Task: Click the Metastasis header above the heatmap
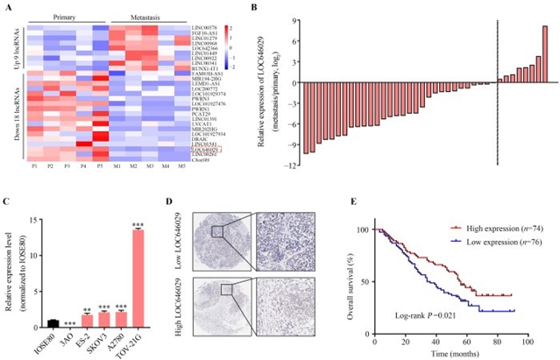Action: pyautogui.click(x=145, y=17)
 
